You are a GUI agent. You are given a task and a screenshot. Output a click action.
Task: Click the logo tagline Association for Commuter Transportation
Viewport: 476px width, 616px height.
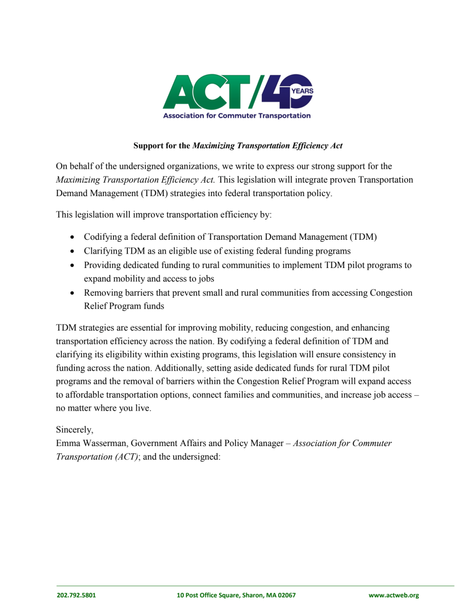pos(237,115)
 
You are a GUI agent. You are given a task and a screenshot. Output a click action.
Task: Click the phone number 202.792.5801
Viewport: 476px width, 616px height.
pos(76,595)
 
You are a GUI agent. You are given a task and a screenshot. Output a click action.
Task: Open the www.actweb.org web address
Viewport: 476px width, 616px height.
pos(394,595)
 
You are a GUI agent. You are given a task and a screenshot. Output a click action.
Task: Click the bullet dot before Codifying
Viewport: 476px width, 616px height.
pos(72,238)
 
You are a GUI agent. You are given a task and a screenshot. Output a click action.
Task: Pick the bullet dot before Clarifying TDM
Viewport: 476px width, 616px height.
pos(72,252)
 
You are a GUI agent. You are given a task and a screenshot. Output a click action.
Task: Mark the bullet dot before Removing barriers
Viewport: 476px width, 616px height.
pos(72,293)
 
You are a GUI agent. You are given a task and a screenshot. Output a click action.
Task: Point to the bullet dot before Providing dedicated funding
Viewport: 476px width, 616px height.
pos(72,265)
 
